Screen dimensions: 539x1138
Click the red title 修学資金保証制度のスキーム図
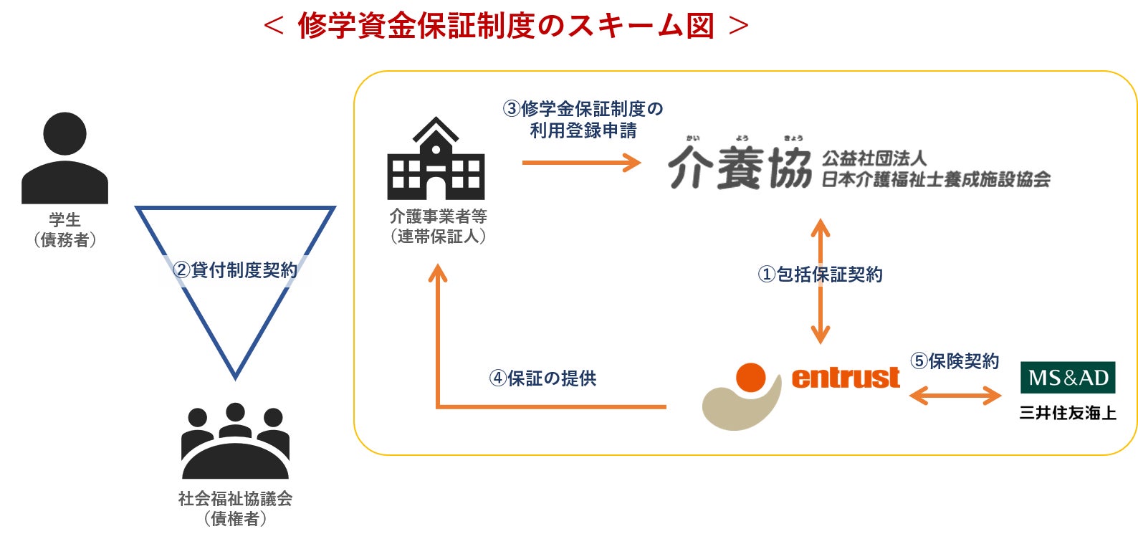506,27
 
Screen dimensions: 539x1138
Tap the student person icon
64,158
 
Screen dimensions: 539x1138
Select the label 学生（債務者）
64,230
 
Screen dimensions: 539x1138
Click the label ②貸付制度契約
235,270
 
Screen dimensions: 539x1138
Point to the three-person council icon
235,440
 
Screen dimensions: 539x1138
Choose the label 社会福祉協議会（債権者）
235,508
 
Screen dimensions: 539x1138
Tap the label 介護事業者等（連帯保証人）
438,226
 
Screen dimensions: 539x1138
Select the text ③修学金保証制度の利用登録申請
583,120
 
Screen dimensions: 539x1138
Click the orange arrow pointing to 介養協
581,163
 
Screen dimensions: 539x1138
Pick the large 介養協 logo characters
740,168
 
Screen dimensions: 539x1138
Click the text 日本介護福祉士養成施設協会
935,179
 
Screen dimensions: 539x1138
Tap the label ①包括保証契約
821,275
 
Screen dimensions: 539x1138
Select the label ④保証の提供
542,378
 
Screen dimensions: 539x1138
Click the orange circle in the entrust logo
751,377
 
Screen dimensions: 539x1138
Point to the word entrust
846,377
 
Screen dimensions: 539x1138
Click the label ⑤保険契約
955,361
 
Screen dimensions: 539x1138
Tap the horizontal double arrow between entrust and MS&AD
955,395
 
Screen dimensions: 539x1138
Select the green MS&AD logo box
1068,377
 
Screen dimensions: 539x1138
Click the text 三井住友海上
1068,413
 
